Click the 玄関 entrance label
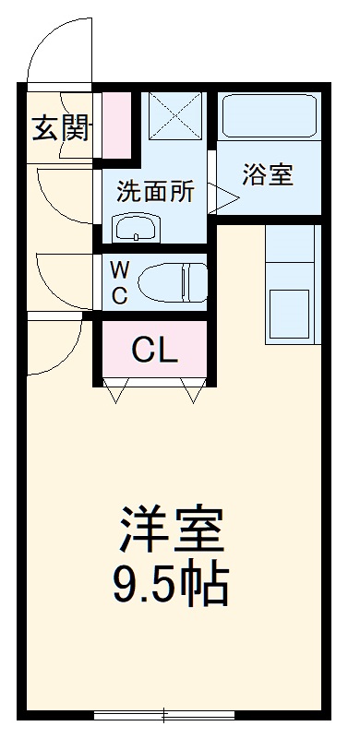pyautogui.click(x=62, y=129)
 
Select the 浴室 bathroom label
pyautogui.click(x=268, y=175)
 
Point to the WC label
pyautogui.click(x=120, y=282)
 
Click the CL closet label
pyautogui.click(x=154, y=351)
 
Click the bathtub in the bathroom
pyautogui.click(x=270, y=118)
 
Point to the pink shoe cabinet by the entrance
pyautogui.click(x=115, y=124)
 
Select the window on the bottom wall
pyautogui.click(x=164, y=714)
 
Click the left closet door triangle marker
pyautogui.click(x=114, y=394)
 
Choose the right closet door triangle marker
pyautogui.click(x=194, y=394)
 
